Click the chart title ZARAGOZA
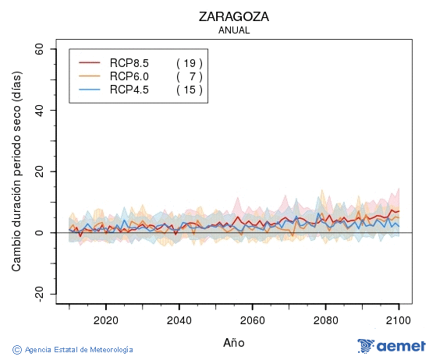coord(233,16)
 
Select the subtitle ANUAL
coord(233,30)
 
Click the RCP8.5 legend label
coord(129,62)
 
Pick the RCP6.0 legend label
coord(129,76)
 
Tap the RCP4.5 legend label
coord(129,90)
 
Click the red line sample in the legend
coord(90,62)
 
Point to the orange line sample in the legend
coord(90,76)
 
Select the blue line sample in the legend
coord(90,90)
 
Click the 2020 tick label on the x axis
coord(105,319)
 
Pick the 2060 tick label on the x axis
coord(252,319)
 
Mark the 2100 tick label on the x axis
coord(399,319)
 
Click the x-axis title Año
coord(233,342)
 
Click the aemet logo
coord(391,346)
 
